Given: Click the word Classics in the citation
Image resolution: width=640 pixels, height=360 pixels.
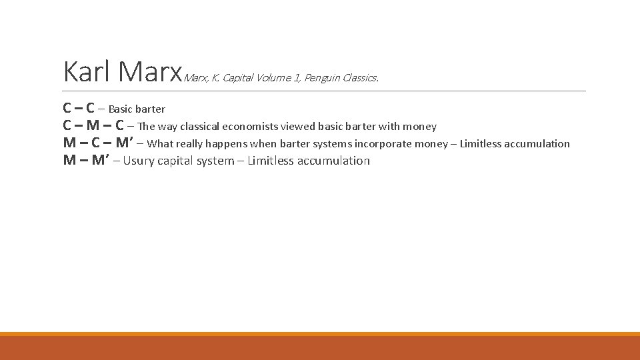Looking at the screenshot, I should (361, 78).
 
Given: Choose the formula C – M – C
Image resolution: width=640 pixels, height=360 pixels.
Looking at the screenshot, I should (93, 125).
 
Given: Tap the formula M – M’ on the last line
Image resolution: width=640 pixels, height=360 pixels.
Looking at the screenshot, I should (86, 161).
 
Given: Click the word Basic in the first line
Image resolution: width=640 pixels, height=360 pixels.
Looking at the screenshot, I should (121, 109).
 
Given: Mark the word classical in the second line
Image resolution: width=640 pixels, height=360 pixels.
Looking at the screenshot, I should (199, 126).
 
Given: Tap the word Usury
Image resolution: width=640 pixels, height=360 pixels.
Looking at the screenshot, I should (139, 161).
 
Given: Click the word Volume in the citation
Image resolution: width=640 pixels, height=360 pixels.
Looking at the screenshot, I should (278, 78).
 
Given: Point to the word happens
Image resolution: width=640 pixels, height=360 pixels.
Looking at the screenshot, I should (226, 143).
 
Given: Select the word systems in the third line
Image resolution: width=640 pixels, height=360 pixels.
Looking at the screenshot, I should (332, 143).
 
